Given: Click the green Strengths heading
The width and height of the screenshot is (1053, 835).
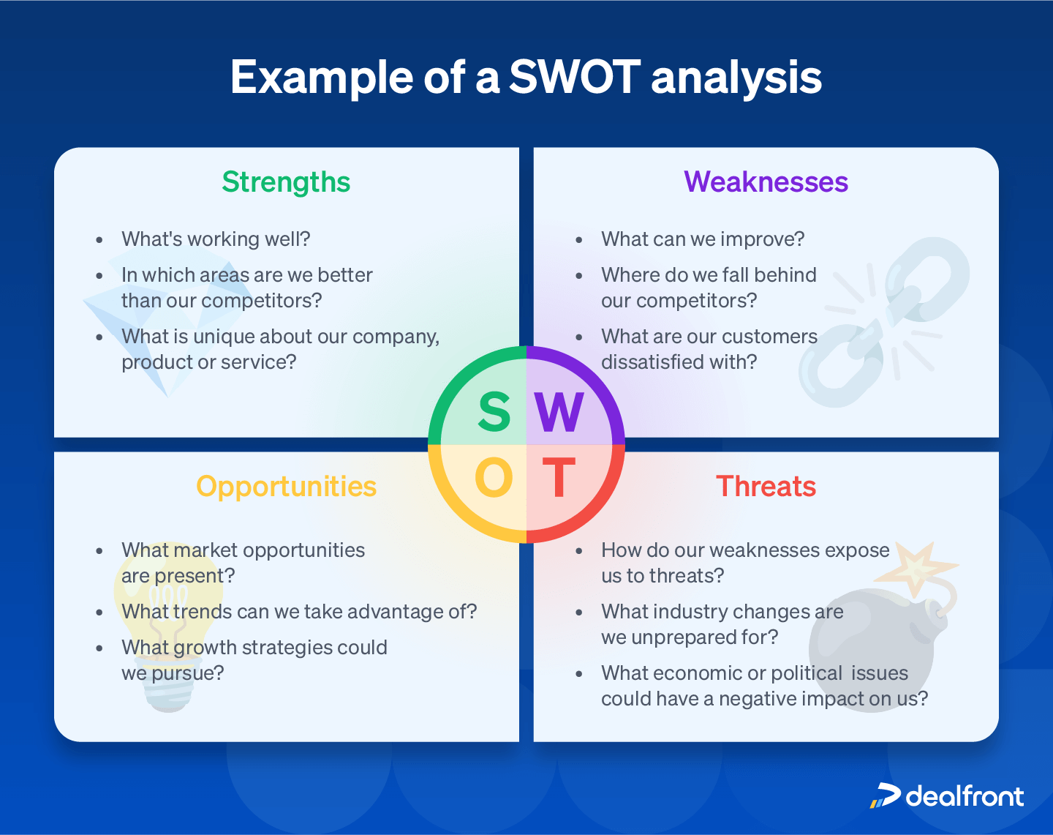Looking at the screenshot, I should (286, 182).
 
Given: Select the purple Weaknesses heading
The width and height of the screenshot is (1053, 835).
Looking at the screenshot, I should (766, 182).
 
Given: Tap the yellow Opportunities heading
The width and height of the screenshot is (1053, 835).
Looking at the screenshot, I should (286, 487).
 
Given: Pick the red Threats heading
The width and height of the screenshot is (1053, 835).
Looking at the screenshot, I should (766, 487).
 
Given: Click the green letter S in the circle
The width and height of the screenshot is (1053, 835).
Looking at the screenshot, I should (494, 412).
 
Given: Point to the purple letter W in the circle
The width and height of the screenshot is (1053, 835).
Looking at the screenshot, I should (559, 412).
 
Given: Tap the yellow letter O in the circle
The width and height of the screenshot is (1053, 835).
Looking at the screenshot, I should (494, 479).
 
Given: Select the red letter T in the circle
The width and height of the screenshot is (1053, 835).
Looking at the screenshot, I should (559, 479).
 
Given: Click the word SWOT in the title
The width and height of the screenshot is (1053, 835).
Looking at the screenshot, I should (575, 77).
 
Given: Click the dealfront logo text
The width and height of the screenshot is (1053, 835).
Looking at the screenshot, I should (964, 796).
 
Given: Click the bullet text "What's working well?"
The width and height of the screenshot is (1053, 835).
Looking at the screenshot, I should (216, 239).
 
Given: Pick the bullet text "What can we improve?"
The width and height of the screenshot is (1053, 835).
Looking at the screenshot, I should (702, 239).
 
